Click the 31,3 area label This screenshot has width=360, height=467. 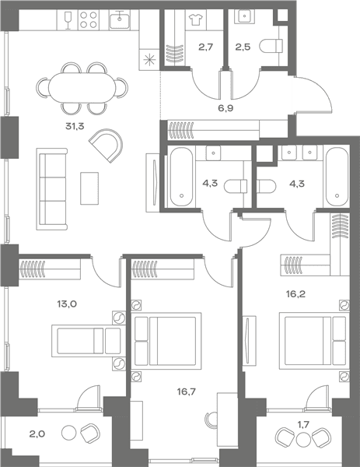(75, 127)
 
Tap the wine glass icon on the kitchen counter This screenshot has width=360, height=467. (68, 20)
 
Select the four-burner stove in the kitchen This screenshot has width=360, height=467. (89, 20)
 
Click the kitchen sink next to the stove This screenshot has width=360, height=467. (120, 19)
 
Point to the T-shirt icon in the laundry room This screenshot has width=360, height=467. (195, 19)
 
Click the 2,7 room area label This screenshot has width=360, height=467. (206, 47)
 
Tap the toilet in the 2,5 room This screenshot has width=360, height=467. (271, 46)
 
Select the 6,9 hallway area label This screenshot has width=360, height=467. (225, 108)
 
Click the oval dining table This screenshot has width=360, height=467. (82, 88)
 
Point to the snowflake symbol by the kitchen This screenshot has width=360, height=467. (149, 60)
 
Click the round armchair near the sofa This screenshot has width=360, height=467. (107, 145)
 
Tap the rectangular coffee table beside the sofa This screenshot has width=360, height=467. (89, 188)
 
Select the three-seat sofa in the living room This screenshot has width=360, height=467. (52, 189)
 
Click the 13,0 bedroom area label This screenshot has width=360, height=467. (67, 304)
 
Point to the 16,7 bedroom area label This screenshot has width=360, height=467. (187, 392)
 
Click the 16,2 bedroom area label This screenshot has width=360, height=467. (295, 294)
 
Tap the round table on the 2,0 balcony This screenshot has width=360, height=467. (69, 434)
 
